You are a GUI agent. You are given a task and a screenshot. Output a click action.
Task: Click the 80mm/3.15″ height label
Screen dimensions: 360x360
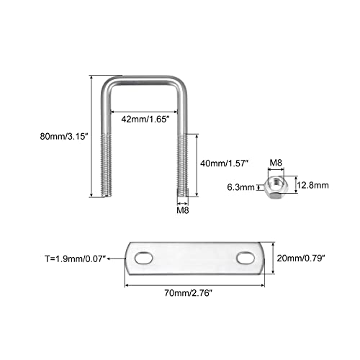[64, 137]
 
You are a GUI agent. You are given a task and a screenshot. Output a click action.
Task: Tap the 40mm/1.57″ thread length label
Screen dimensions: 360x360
[224, 163]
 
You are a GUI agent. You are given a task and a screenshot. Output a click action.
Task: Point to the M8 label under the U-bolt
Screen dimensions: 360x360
[183, 210]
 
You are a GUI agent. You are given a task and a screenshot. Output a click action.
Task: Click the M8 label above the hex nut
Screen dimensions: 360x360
[276, 163]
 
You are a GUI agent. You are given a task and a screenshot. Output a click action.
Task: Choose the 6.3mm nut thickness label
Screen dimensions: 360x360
[240, 187]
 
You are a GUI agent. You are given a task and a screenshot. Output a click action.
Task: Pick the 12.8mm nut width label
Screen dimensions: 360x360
[312, 185]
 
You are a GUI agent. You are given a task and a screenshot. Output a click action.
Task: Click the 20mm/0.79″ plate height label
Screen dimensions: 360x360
[301, 258]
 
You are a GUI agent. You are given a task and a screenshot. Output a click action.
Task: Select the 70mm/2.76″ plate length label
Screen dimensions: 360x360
[189, 293]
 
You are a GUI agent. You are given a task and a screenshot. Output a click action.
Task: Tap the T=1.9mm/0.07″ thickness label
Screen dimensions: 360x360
[76, 259]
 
